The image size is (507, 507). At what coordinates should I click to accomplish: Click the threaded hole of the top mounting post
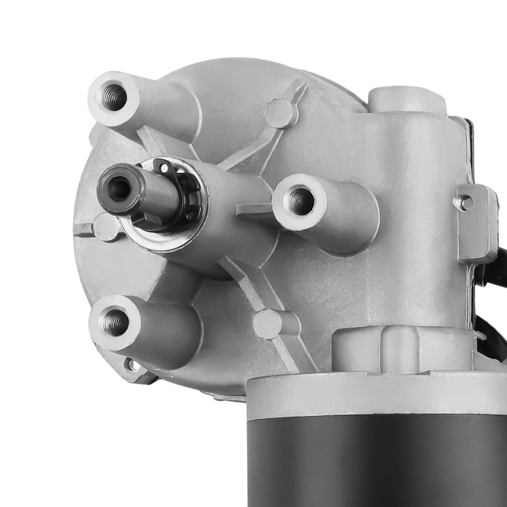point(114,96)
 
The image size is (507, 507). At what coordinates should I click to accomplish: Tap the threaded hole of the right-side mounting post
point(301,201)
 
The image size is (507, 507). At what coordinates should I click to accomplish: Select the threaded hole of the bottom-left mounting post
point(114,321)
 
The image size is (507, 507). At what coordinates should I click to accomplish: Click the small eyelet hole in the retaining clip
point(164,167)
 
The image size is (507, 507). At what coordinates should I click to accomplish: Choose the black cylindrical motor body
point(375,456)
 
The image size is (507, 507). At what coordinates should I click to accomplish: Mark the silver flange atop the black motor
point(375,395)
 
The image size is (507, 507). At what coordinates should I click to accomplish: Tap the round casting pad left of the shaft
point(105,227)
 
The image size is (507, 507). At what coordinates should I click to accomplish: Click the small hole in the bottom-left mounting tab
point(131,364)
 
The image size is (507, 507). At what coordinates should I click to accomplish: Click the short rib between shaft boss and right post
point(253,208)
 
